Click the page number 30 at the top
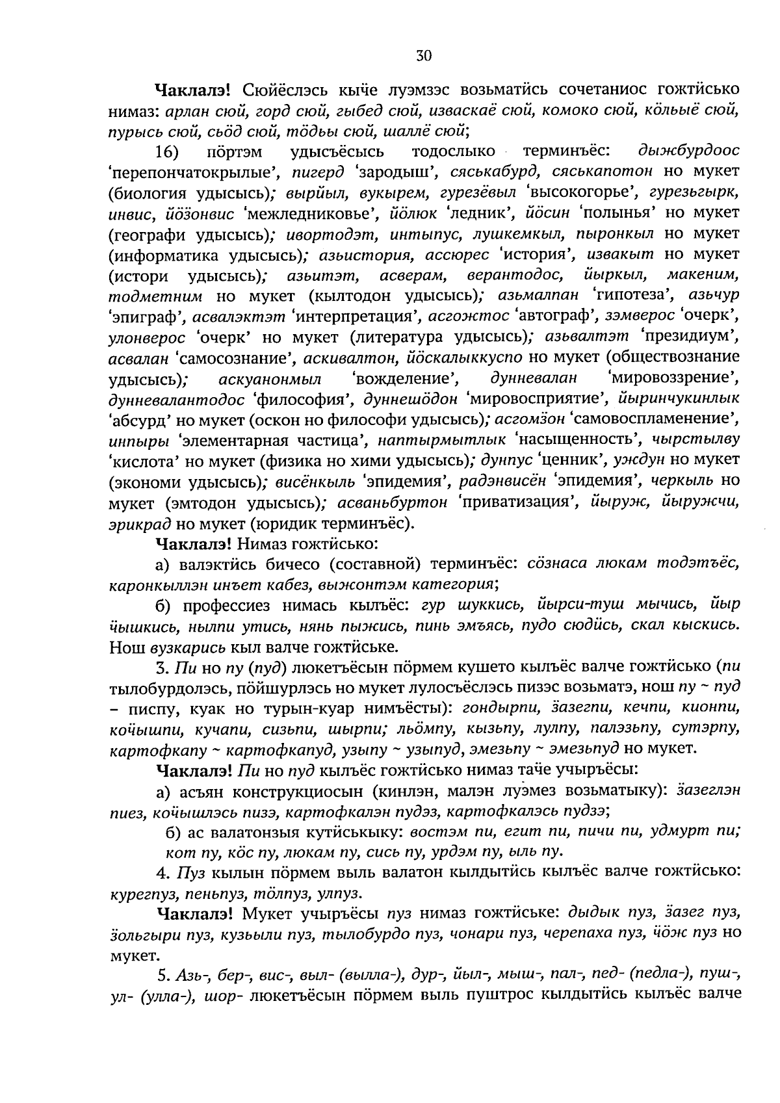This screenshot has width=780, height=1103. click(x=423, y=56)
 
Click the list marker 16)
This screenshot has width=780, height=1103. click(x=166, y=152)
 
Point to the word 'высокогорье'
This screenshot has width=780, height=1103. click(x=572, y=193)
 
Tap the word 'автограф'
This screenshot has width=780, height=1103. click(x=554, y=317)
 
